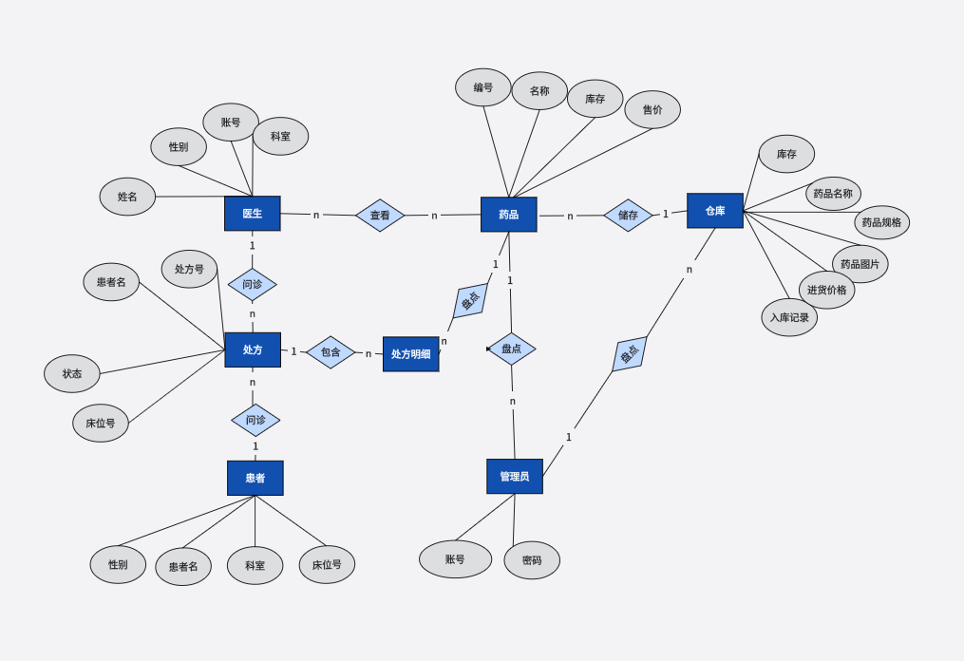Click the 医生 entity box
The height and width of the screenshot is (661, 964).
pyautogui.click(x=253, y=214)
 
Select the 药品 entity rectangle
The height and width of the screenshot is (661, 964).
pyautogui.click(x=509, y=215)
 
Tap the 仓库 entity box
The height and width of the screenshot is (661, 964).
pyautogui.click(x=715, y=211)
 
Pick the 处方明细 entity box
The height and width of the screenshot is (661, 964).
pyautogui.click(x=410, y=354)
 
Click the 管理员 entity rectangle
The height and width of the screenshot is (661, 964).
pyautogui.click(x=515, y=477)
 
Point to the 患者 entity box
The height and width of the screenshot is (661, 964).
pyautogui.click(x=255, y=478)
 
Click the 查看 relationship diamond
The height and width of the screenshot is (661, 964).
pyautogui.click(x=380, y=216)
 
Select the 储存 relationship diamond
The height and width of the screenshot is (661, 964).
pyautogui.click(x=628, y=216)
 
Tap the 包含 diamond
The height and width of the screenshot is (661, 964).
pyautogui.click(x=331, y=352)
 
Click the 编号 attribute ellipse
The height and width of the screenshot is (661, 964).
pyautogui.click(x=483, y=87)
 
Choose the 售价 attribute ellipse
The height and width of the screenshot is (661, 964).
pyautogui.click(x=652, y=110)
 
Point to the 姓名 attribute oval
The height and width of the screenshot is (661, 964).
pyautogui.click(x=127, y=197)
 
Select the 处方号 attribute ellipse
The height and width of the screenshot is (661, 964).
pyautogui.click(x=189, y=269)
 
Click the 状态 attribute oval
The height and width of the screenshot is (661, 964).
pyautogui.click(x=72, y=373)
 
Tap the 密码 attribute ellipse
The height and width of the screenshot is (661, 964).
pyautogui.click(x=532, y=560)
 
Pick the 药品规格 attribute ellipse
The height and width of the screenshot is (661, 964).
pyautogui.click(x=881, y=222)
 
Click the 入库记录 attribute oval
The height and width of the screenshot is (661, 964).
pyautogui.click(x=789, y=317)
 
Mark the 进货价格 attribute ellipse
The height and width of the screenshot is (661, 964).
pyautogui.click(x=826, y=290)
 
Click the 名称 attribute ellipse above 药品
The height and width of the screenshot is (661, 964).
pyautogui.click(x=539, y=91)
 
